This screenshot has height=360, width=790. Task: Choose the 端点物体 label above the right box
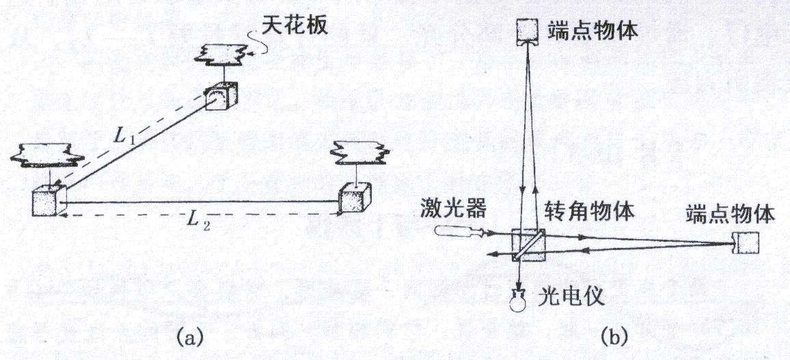730,215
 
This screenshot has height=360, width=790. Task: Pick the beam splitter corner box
528,245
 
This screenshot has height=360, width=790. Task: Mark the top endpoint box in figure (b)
528,31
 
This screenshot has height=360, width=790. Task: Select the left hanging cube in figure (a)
49,200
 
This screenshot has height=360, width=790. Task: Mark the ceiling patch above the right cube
359,152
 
